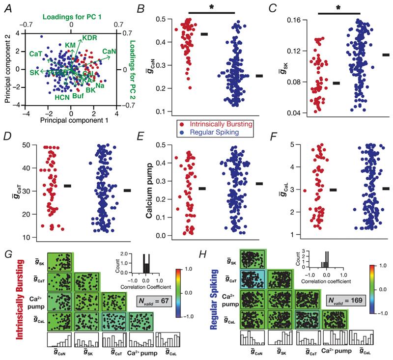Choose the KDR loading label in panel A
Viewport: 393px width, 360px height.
tap(89, 38)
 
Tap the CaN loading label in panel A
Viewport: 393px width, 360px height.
tap(109, 51)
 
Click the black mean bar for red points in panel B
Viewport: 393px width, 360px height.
tap(204, 34)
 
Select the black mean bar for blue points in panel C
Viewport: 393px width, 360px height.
tap(386, 55)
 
